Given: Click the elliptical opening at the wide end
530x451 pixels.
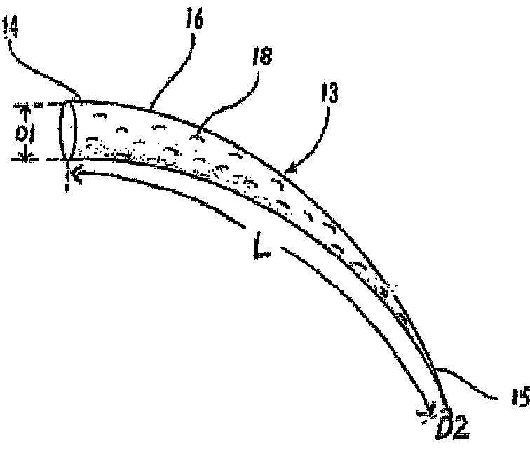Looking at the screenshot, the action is point(68,131).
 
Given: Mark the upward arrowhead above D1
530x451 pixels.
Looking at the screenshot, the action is point(25,110).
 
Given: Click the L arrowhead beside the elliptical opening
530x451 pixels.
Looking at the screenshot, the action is point(76,173).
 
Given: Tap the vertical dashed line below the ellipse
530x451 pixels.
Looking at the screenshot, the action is point(68,175).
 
